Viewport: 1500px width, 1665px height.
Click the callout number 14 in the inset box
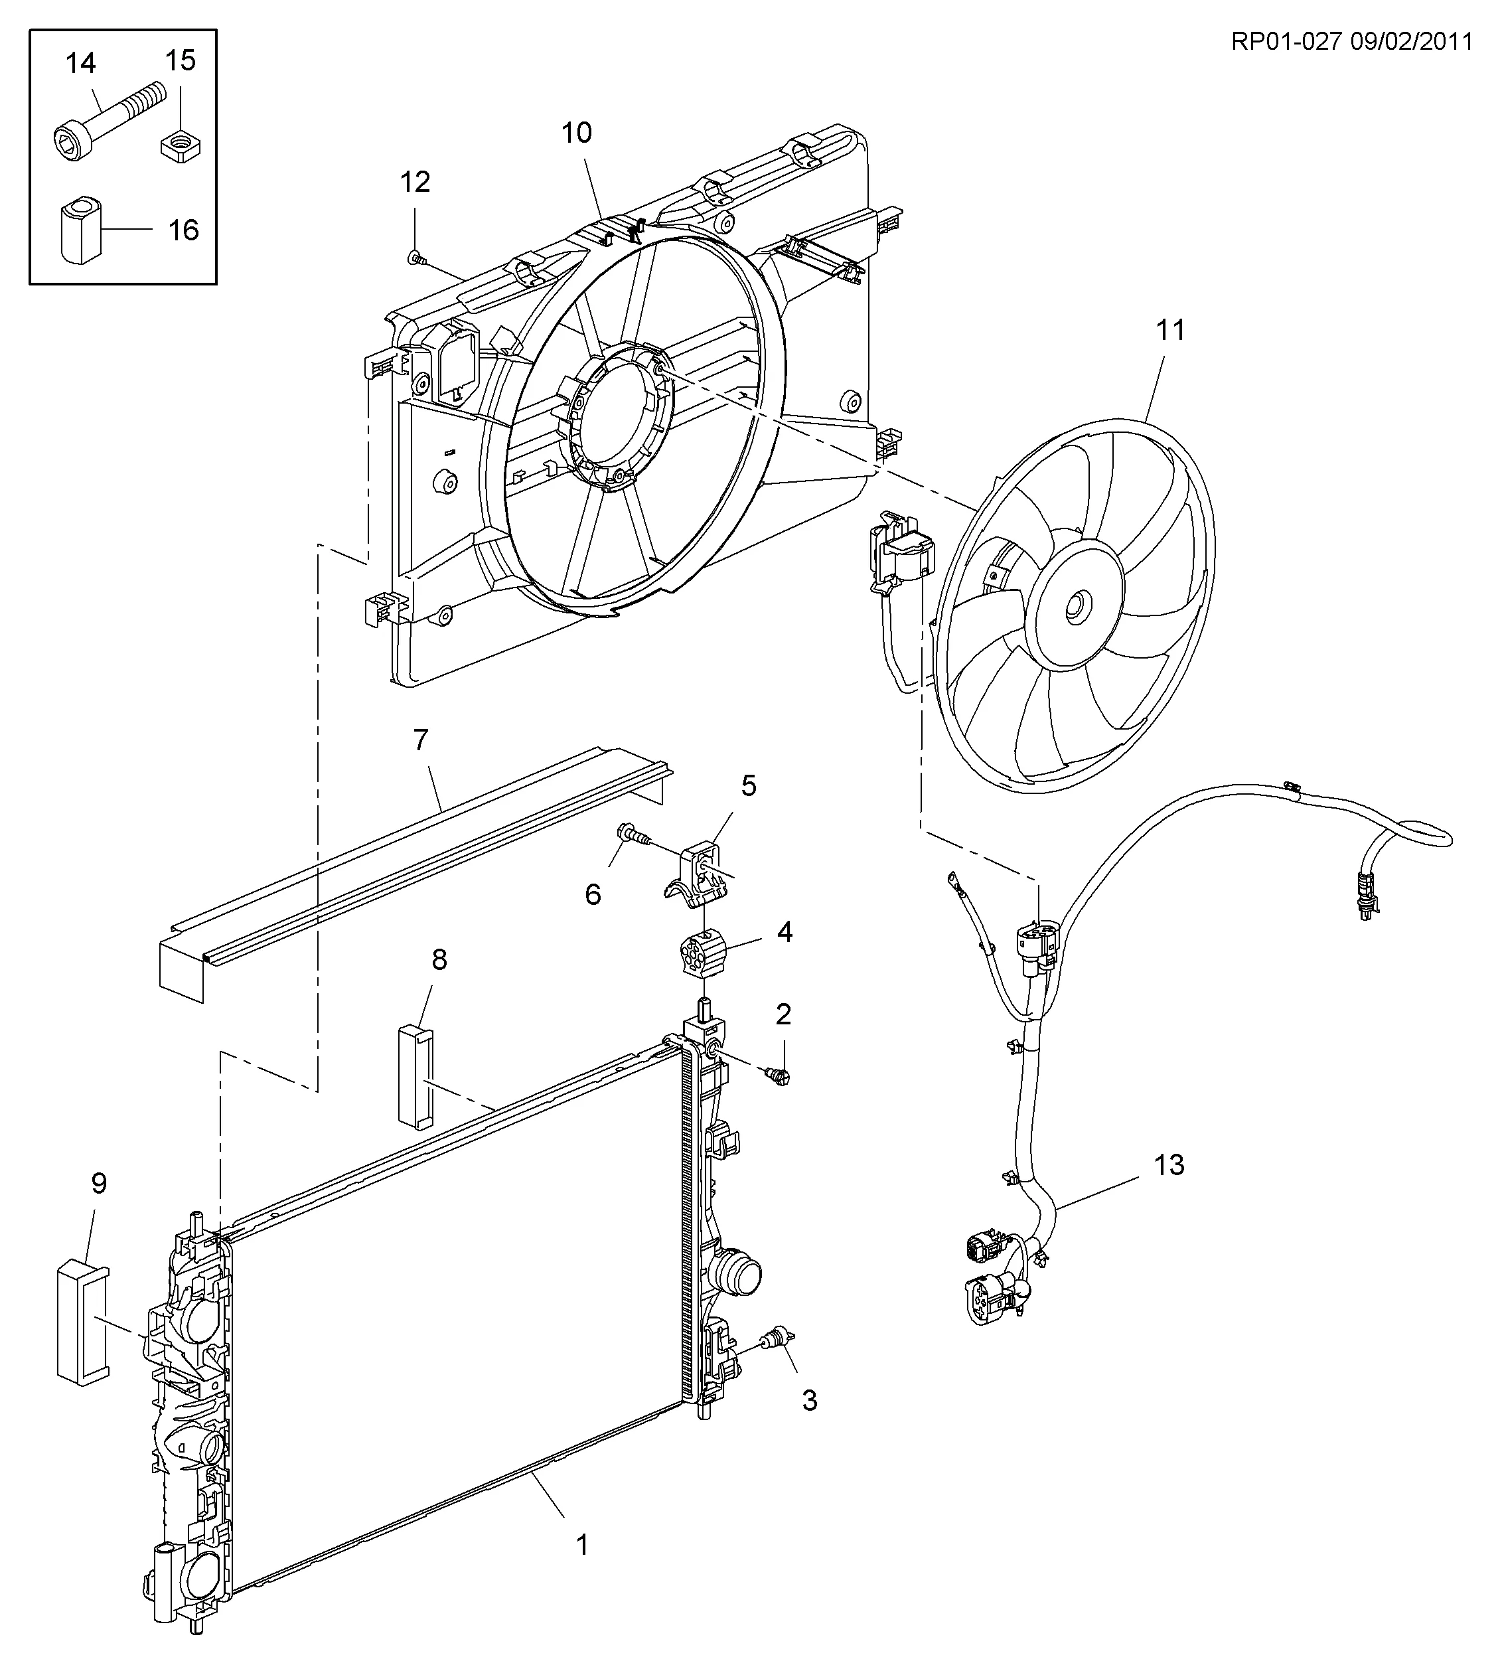pyautogui.click(x=81, y=64)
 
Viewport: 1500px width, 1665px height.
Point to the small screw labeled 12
pyautogui.click(x=416, y=259)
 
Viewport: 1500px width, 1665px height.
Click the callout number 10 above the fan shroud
pyautogui.click(x=576, y=133)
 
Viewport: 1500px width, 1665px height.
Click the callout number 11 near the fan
pyautogui.click(x=1170, y=331)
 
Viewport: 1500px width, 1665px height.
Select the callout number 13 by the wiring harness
pyautogui.click(x=1169, y=1164)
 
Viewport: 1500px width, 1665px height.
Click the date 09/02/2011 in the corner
pyautogui.click(x=1412, y=41)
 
